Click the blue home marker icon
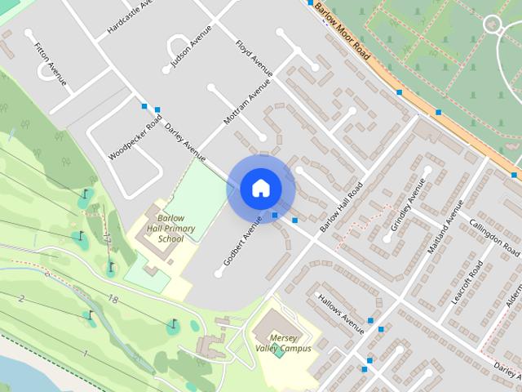coord(260,188)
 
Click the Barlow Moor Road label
coord(343,33)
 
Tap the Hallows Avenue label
coord(341,314)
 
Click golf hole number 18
coord(113,301)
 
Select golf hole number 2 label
coord(21,298)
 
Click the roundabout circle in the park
coord(492,24)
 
